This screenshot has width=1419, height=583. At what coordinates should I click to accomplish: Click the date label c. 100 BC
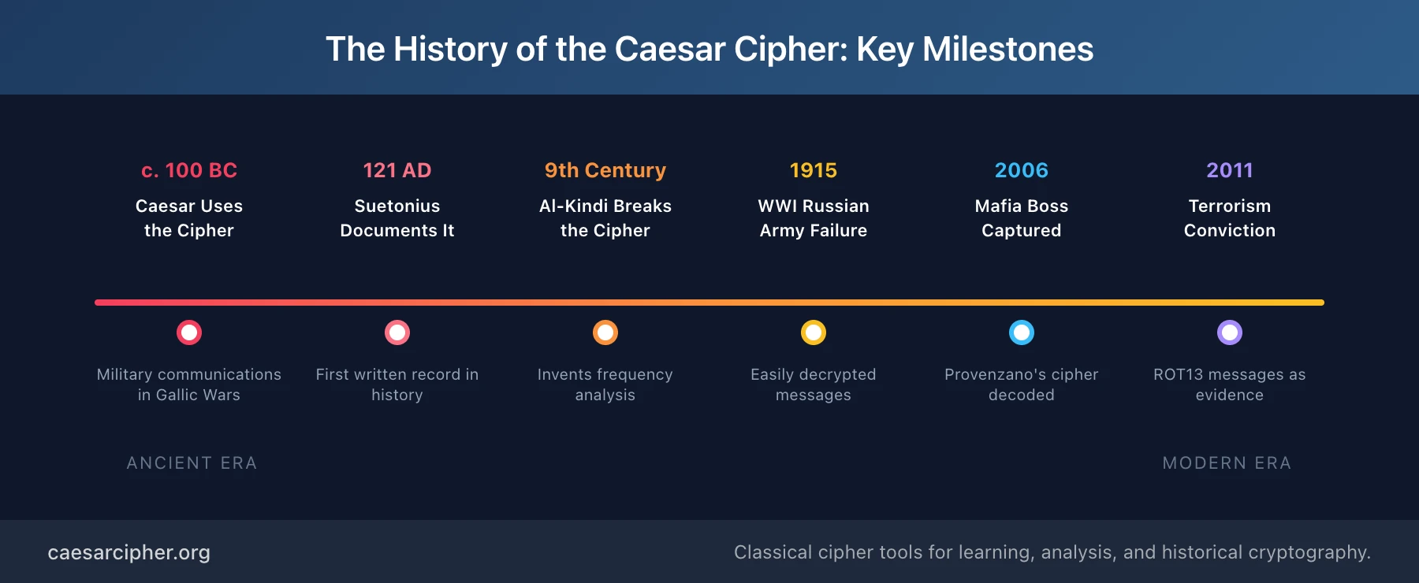click(x=189, y=170)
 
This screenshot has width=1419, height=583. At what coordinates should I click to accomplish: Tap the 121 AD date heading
click(x=397, y=170)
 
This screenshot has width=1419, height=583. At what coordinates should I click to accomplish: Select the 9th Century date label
click(x=605, y=170)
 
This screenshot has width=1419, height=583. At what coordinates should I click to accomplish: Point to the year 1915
click(x=814, y=170)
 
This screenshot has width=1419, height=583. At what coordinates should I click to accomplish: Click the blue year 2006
click(x=1022, y=170)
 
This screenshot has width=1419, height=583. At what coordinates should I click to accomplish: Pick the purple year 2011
click(x=1230, y=170)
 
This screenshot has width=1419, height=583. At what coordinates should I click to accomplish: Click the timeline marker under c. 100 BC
click(x=189, y=332)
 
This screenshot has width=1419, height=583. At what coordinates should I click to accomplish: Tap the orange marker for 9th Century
click(x=605, y=332)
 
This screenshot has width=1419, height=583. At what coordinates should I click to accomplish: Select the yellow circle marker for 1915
click(x=814, y=332)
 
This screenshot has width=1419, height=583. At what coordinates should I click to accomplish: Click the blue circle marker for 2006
click(x=1022, y=332)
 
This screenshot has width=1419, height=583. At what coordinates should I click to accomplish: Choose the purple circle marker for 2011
click(x=1230, y=332)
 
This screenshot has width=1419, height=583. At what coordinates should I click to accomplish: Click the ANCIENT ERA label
click(x=192, y=463)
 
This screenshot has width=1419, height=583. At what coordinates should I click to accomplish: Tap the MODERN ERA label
click(x=1227, y=463)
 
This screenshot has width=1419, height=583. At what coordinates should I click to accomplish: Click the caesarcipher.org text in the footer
click(x=129, y=552)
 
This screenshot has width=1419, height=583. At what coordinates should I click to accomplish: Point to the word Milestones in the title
click(x=1007, y=49)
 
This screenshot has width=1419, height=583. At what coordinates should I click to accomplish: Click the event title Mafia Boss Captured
click(x=1022, y=218)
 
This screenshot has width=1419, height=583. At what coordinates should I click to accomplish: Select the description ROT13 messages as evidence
click(x=1230, y=384)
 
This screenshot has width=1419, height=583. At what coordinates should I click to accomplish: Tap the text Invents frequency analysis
click(x=605, y=384)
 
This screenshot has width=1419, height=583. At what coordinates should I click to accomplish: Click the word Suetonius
click(x=397, y=206)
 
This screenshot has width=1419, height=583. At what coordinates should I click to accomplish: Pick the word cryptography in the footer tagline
click(x=1308, y=553)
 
